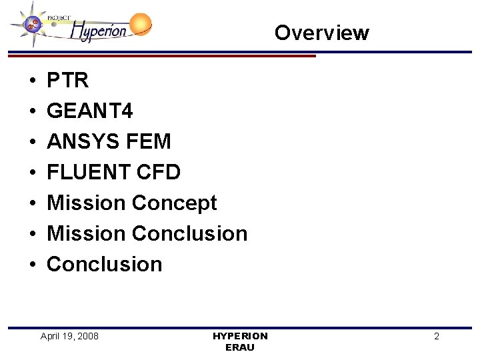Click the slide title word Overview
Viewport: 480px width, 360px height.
pyautogui.click(x=321, y=33)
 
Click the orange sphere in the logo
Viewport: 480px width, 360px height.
pyautogui.click(x=140, y=25)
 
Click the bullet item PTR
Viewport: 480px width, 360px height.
pyautogui.click(x=68, y=81)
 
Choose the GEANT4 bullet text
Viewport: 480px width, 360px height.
pyautogui.click(x=90, y=111)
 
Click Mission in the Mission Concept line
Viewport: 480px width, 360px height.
pyautogui.click(x=86, y=203)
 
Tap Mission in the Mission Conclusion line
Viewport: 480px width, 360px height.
pyautogui.click(x=86, y=233)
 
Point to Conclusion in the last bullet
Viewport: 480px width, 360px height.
pyautogui.click(x=105, y=264)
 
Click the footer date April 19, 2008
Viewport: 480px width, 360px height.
pyautogui.click(x=69, y=336)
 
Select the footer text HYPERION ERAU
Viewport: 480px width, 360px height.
pyautogui.click(x=240, y=341)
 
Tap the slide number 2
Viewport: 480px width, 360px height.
pyautogui.click(x=437, y=337)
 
